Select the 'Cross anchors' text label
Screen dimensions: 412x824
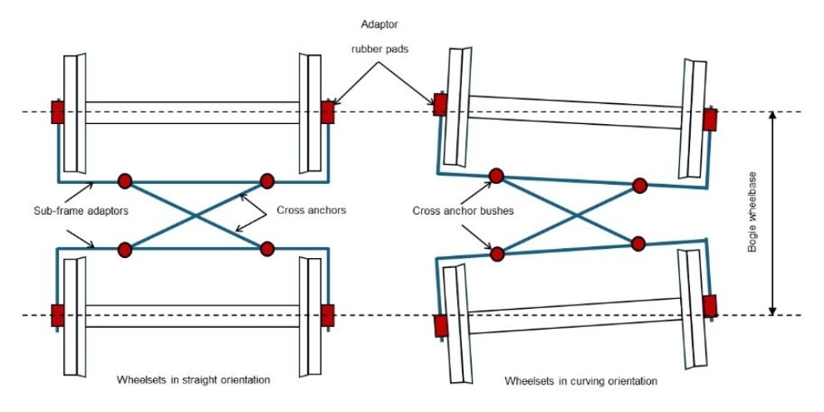click(x=310, y=211)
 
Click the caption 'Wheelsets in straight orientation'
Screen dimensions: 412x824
click(x=194, y=380)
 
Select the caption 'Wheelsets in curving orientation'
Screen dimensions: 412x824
click(x=581, y=381)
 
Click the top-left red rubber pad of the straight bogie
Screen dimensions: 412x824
click(x=57, y=112)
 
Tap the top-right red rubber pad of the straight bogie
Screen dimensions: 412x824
click(x=327, y=112)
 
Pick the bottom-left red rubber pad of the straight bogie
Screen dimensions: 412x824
click(x=57, y=315)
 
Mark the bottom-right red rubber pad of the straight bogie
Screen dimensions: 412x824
click(x=327, y=315)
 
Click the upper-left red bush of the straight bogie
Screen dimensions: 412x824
click(x=125, y=181)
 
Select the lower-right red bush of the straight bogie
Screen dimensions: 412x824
click(x=267, y=248)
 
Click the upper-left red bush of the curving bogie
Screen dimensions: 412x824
click(x=496, y=176)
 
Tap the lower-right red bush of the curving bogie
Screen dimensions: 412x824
click(x=638, y=244)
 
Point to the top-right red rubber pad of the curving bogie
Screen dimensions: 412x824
click(x=710, y=120)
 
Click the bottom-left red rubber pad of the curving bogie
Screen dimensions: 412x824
click(x=441, y=326)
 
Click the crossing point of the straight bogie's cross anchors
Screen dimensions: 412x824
click(x=196, y=215)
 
